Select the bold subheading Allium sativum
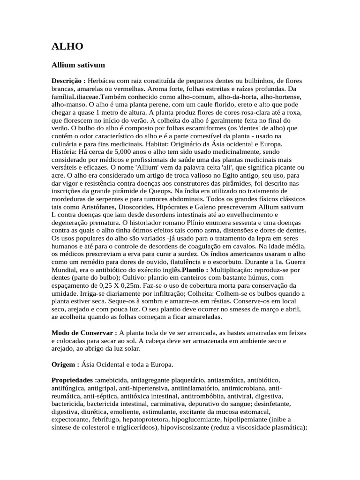point(78,64)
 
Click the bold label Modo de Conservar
point(84,332)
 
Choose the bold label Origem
point(65,364)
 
